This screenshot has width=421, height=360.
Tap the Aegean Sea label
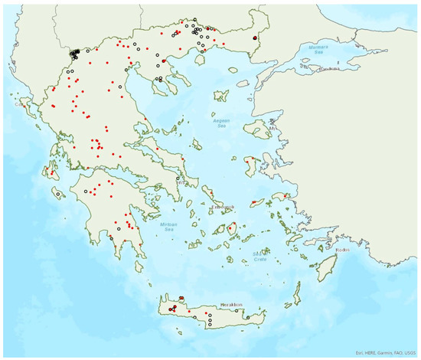click(220, 123)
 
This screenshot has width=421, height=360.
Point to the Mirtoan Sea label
click(170, 225)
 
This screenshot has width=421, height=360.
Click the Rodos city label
click(342, 250)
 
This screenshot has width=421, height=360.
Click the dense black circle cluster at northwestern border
click(75, 54)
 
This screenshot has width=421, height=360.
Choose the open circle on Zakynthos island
click(58, 195)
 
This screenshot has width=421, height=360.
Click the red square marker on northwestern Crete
click(182, 296)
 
